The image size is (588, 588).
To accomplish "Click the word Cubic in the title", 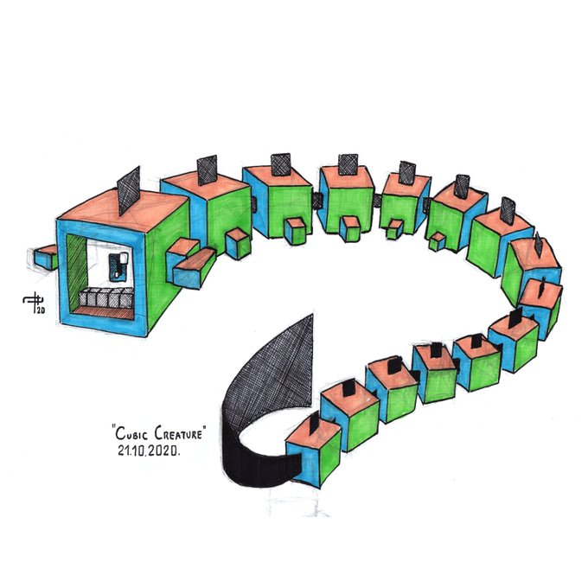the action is click(131, 433).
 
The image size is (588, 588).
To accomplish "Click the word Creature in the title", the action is click(178, 433).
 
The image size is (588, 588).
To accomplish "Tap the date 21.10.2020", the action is click(148, 451).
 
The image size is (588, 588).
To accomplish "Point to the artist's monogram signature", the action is click(34, 303).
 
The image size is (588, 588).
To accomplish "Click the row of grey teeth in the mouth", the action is click(106, 298).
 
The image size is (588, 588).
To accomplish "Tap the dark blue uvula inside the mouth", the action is click(118, 265).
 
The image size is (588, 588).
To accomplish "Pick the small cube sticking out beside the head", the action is click(44, 257).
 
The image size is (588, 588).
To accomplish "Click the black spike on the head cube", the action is click(129, 191).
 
